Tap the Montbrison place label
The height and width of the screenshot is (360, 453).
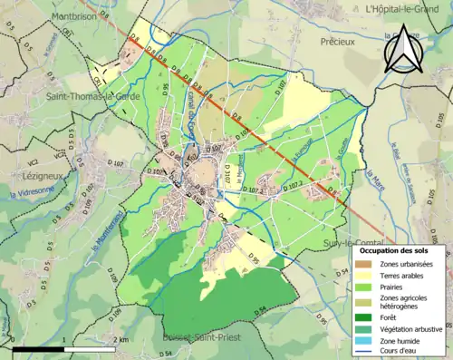36,16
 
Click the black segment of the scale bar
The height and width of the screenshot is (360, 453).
38,348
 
